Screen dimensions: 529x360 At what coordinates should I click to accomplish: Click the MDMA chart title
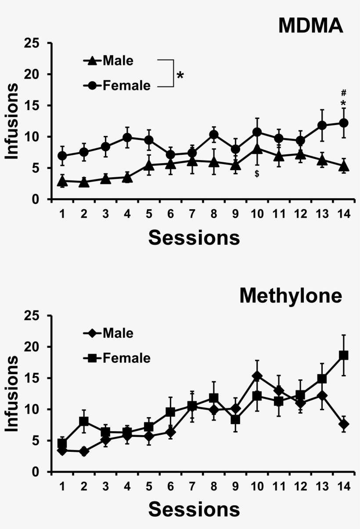pos(310,26)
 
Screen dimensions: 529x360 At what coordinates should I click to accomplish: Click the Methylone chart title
pos(290,296)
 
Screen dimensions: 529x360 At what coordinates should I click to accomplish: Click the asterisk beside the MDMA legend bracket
pos(180,75)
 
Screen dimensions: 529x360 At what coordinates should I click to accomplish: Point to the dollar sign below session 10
pos(257,174)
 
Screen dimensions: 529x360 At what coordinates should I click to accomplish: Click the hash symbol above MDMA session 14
pos(344,93)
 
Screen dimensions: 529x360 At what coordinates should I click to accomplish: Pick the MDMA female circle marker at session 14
pos(344,123)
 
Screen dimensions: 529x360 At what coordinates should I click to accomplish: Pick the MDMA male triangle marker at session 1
pos(62,181)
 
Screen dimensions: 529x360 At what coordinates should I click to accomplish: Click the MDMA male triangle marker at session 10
pos(257,149)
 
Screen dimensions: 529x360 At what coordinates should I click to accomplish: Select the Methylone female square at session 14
pos(344,355)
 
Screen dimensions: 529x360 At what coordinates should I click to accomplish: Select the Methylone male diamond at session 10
pos(257,376)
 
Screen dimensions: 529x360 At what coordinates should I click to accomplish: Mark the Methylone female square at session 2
pos(84,422)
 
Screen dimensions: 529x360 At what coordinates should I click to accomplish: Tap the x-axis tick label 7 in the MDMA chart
pos(192,213)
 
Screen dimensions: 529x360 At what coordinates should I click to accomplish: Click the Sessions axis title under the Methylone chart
pos(194,510)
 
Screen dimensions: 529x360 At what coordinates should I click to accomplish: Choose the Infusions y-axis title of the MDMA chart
pos(12,121)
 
